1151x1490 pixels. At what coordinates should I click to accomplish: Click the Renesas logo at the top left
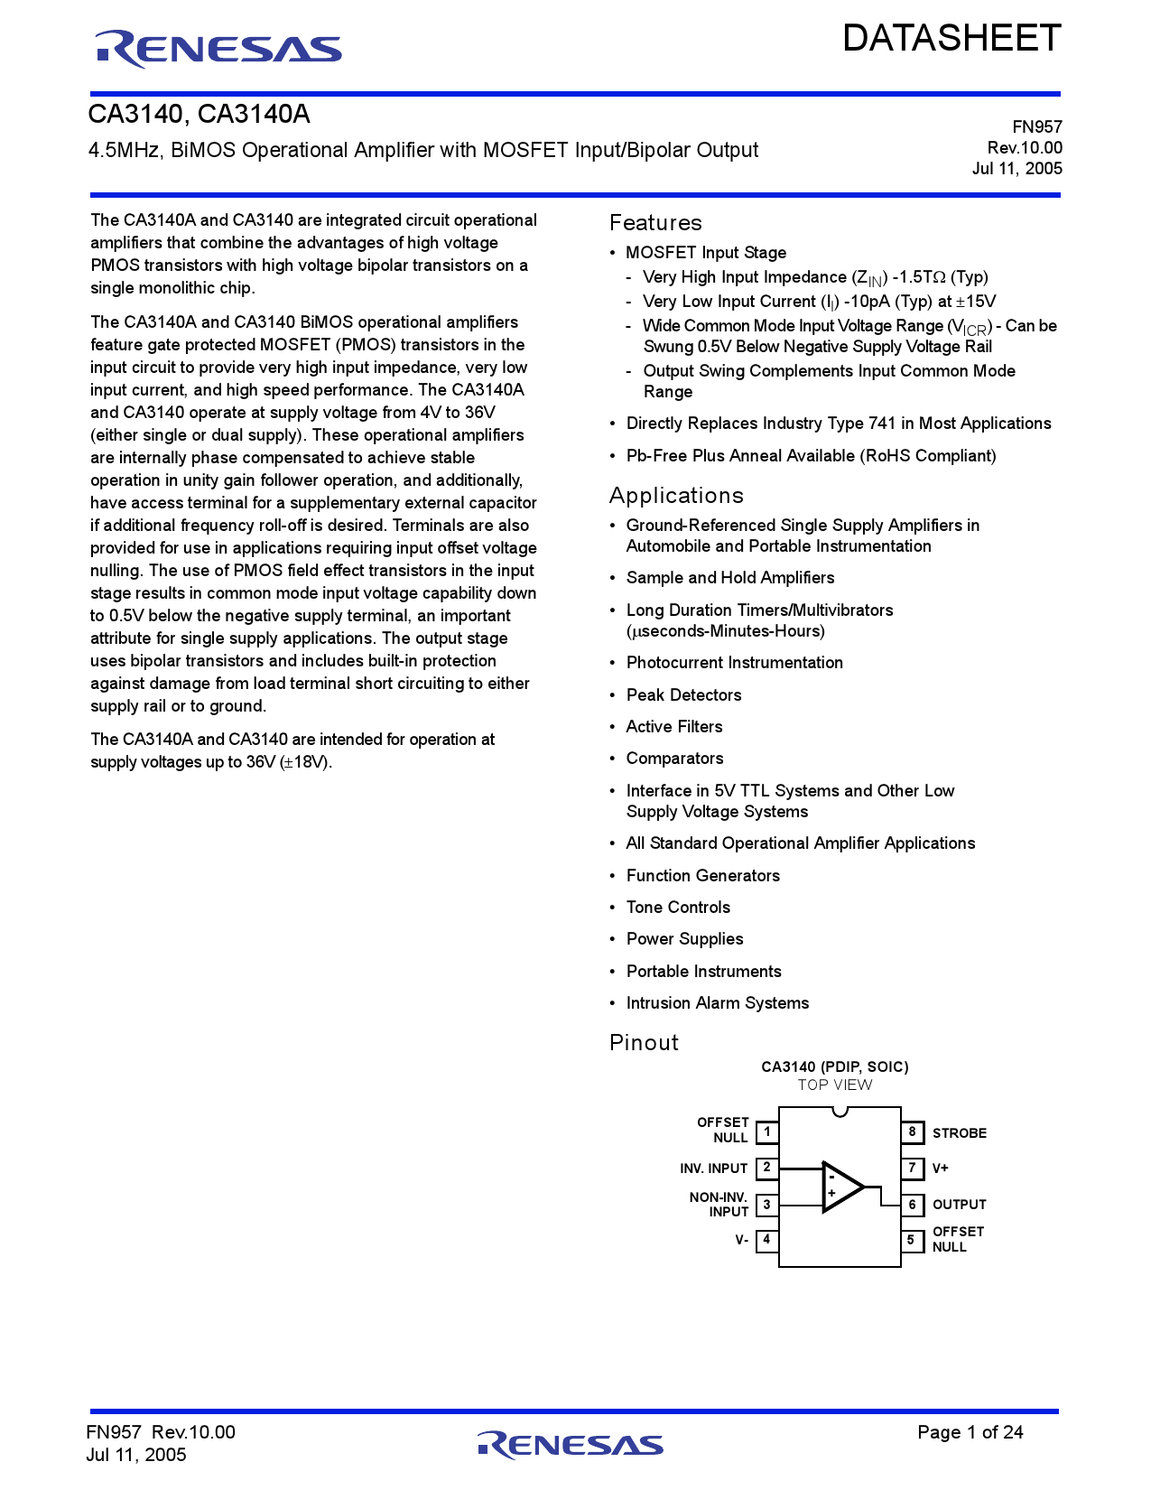click(218, 49)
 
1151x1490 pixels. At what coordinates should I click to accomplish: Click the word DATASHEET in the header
click(951, 39)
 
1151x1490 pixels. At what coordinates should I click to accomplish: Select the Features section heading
click(655, 223)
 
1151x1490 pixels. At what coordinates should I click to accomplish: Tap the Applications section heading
click(676, 496)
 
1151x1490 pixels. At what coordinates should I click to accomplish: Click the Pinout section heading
click(644, 1043)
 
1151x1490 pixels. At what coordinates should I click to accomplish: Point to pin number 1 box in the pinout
click(767, 1132)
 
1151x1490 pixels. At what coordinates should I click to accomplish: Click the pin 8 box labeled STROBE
click(913, 1132)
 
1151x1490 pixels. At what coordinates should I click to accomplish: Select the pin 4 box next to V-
click(767, 1240)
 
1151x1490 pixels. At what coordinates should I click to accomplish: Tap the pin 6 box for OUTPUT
click(913, 1205)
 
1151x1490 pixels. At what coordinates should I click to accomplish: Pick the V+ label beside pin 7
click(941, 1169)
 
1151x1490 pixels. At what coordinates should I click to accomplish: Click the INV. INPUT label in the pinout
click(713, 1169)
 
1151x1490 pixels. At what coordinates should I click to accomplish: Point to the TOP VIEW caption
click(835, 1085)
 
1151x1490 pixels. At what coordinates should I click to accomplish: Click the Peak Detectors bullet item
click(683, 695)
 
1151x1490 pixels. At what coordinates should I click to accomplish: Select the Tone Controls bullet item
click(678, 908)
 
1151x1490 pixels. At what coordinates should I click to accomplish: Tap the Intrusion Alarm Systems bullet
click(718, 1003)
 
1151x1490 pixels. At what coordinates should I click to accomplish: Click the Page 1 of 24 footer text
click(970, 1432)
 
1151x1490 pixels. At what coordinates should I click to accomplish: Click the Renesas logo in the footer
click(571, 1445)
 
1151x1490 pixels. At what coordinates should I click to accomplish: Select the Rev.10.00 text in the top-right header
click(1025, 148)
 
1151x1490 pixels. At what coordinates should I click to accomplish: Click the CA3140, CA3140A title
click(200, 115)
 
